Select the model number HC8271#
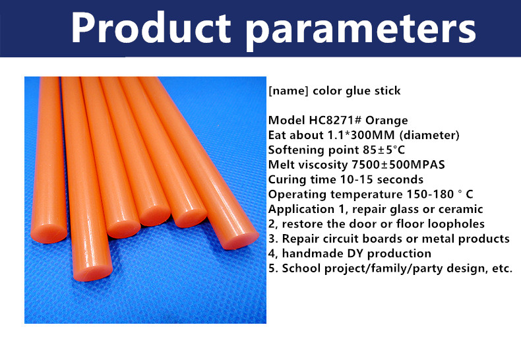[335, 120]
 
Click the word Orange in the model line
[386, 121]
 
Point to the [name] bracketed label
[288, 91]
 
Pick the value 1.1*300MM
[361, 135]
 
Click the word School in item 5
[301, 268]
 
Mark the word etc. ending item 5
[501, 269]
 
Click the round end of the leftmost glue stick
[49, 234]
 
